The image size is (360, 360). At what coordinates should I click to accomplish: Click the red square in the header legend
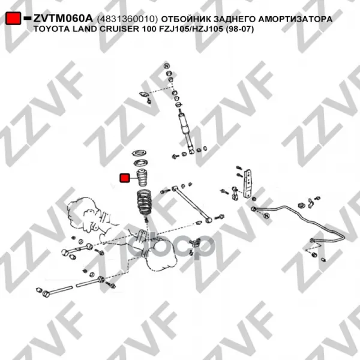click(x=13, y=18)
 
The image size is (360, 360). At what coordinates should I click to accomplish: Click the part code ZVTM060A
click(x=63, y=19)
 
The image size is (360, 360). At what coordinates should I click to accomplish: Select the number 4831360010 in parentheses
click(x=128, y=19)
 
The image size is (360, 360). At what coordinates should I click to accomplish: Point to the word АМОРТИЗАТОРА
click(x=295, y=19)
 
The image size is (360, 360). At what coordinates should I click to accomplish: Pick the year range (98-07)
click(x=239, y=29)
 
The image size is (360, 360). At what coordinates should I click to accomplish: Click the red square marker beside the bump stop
click(x=125, y=178)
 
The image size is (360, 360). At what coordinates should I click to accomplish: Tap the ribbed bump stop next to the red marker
click(x=142, y=178)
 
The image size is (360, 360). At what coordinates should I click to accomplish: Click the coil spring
click(x=144, y=203)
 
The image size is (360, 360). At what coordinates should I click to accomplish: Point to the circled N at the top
click(x=167, y=65)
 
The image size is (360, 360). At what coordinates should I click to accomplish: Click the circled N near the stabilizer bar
click(x=266, y=215)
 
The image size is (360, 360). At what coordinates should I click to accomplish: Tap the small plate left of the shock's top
click(x=144, y=94)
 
